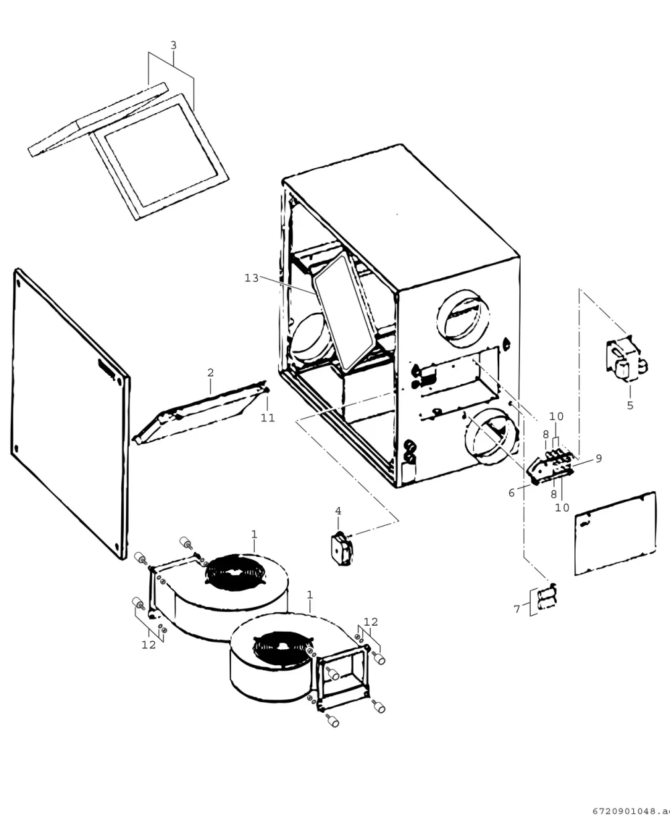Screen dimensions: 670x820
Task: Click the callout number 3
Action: click(174, 46)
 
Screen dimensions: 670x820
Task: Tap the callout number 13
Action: click(251, 278)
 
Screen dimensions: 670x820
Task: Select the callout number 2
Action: click(210, 372)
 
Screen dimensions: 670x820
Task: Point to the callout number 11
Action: click(267, 418)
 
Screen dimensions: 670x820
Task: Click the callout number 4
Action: click(338, 511)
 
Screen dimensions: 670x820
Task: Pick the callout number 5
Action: click(630, 405)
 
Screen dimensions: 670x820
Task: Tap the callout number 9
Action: click(599, 459)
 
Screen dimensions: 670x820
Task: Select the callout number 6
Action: click(511, 493)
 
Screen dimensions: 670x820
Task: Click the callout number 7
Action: click(517, 609)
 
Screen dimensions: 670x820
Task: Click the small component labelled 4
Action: click(342, 548)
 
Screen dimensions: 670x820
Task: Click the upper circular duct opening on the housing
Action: click(463, 319)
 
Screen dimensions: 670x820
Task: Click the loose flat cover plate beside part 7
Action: click(615, 533)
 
